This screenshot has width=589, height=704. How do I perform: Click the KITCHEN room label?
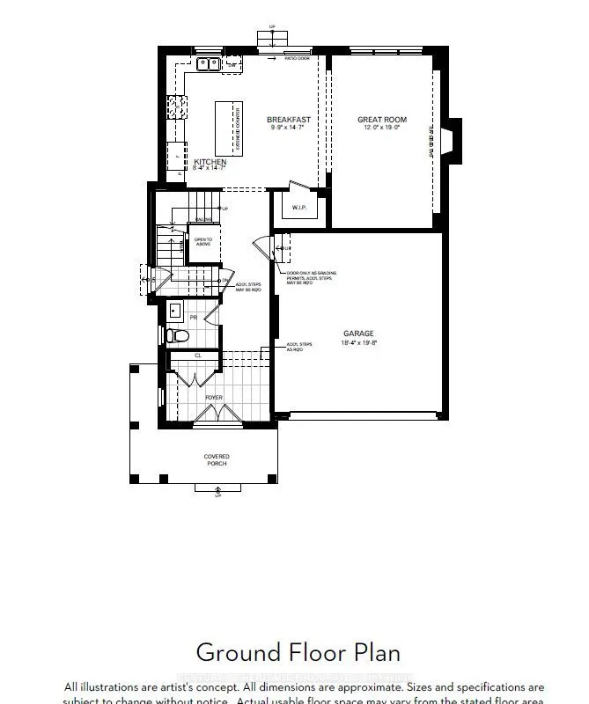pos(210,162)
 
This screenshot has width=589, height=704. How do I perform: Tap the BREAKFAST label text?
pos(289,120)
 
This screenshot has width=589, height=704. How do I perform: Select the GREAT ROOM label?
pos(382,120)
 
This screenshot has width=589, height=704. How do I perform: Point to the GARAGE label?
pos(358,334)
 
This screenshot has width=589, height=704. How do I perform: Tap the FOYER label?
pos(214,398)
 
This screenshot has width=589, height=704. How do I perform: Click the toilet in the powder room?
pos(175,335)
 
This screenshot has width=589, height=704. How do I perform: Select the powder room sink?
pos(174,311)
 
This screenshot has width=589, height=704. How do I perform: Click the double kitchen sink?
pos(209,63)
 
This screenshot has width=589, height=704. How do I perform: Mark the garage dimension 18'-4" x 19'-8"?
pos(358,343)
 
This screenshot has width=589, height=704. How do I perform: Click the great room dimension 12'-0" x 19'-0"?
pos(382,128)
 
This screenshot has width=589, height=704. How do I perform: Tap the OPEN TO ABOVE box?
pos(202,241)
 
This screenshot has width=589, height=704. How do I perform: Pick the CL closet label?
pos(197,356)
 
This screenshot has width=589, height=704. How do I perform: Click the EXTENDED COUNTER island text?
pos(237,128)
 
